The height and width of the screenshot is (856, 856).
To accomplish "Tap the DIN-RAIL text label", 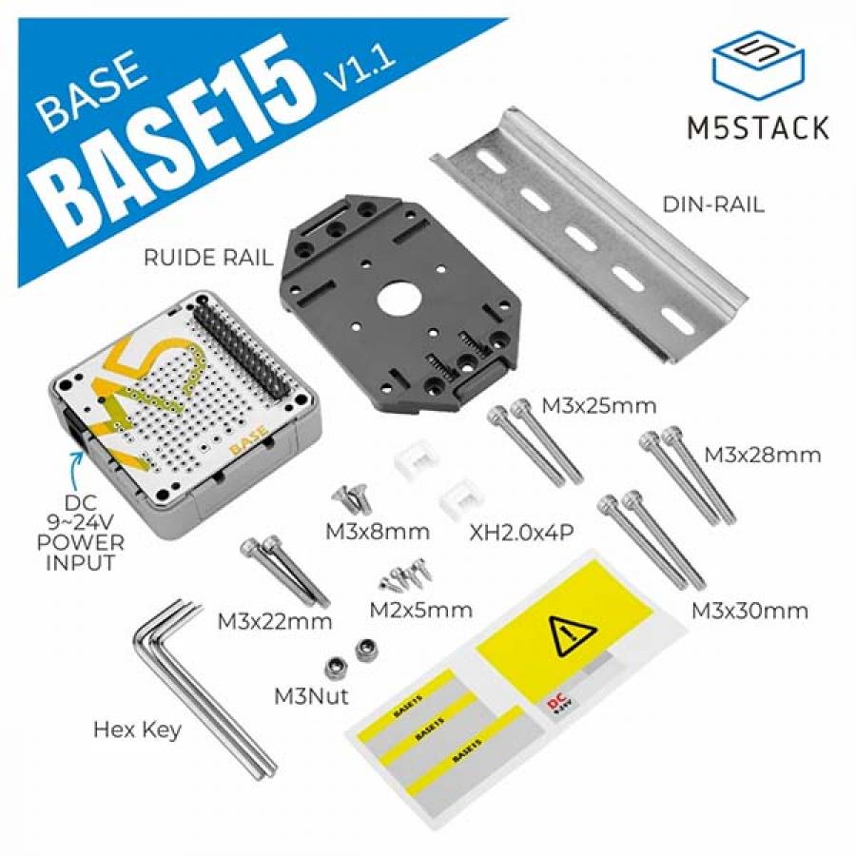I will [x=713, y=204].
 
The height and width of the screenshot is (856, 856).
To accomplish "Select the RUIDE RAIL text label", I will [x=206, y=257].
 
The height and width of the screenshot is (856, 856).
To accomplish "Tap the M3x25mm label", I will [x=599, y=406].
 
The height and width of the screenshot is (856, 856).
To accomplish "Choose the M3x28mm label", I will [x=762, y=455].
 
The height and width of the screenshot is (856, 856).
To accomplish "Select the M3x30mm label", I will [x=749, y=610].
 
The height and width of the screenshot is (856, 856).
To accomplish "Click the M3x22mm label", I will [x=275, y=622].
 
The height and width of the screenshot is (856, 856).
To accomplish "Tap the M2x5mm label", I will [x=420, y=610].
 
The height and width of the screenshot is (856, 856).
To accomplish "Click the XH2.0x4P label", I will [x=521, y=532].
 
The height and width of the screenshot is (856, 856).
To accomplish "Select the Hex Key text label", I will [x=137, y=730].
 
